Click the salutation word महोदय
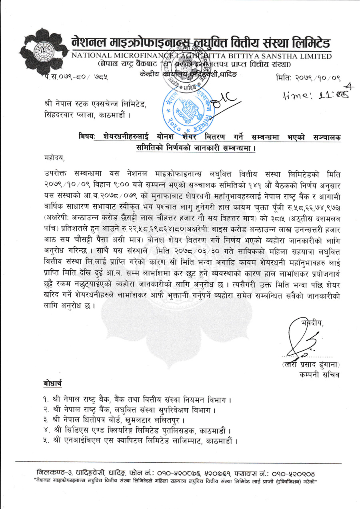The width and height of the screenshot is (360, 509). click(x=55, y=158)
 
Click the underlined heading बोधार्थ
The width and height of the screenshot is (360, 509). click(x=53, y=384)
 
